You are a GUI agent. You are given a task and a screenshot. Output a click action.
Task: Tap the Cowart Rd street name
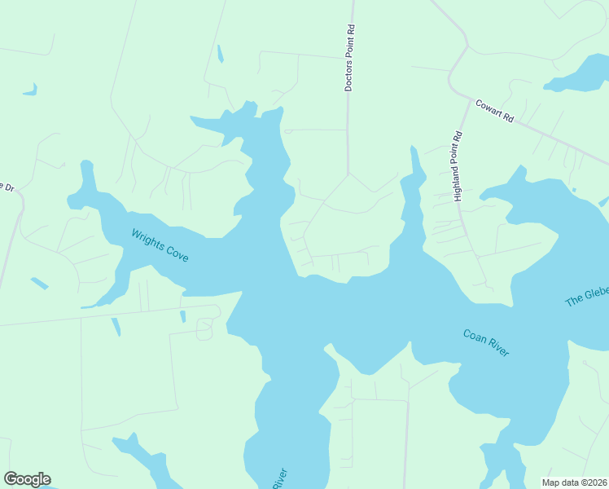[495, 111]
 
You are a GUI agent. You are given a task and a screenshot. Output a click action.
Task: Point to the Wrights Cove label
[160, 245]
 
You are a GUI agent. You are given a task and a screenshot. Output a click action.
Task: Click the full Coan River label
[486, 342]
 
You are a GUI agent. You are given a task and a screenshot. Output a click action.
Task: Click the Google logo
[27, 479]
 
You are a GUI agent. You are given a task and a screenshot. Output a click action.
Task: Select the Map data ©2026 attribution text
[575, 482]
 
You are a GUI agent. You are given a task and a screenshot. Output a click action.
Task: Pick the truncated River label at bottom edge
[280, 478]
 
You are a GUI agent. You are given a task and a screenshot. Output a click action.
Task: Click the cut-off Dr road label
[8, 187]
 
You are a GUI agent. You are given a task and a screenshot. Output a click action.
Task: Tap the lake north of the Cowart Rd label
[580, 75]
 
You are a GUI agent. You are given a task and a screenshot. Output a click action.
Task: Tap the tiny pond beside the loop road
[182, 316]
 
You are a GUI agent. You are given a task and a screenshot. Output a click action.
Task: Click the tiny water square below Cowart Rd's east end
[574, 190]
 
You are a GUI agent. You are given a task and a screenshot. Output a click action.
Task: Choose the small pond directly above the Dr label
[30, 89]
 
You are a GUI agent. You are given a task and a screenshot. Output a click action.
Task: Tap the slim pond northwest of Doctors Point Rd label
[220, 54]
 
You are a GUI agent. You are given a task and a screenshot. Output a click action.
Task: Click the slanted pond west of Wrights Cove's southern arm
[39, 284]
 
